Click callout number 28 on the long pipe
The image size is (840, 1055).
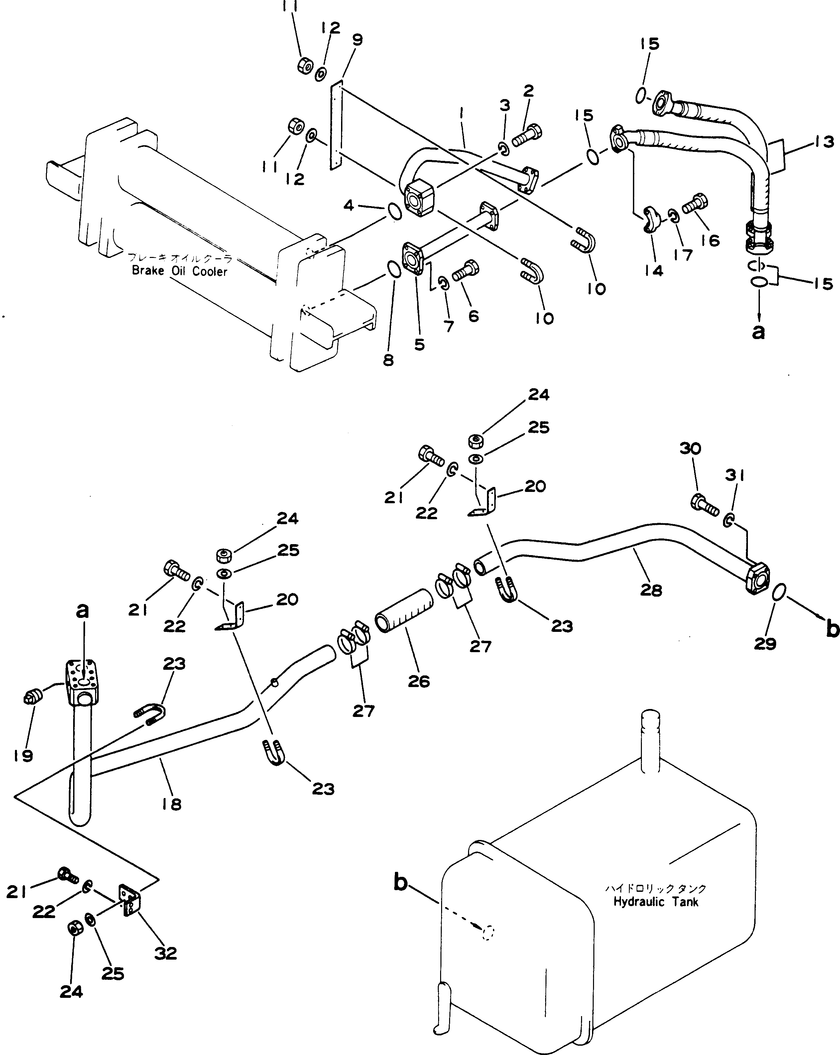pos(651,590)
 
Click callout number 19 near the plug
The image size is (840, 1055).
pos(23,756)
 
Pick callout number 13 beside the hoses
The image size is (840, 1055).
pos(823,142)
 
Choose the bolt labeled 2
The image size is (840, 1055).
pos(528,135)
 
